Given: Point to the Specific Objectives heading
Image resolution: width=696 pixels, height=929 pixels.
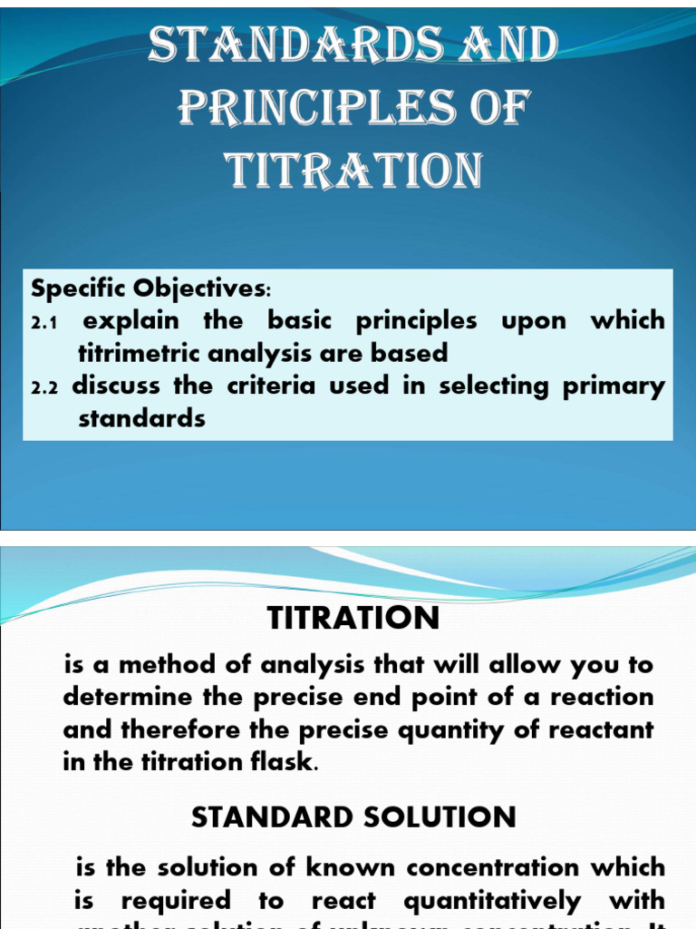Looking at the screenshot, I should pos(150,289).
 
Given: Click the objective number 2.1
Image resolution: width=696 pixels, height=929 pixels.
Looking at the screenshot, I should pos(44,323).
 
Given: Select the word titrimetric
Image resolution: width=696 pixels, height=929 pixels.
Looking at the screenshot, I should pos(144,354).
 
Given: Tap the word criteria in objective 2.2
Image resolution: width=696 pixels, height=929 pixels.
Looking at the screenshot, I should pos(271,386).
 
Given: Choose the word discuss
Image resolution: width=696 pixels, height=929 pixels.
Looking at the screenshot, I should pos(118,386).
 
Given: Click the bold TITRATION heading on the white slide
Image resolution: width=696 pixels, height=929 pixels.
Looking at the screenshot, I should pos(353,619).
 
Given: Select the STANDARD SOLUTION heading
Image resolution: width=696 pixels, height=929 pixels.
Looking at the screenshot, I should pos(353,817).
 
